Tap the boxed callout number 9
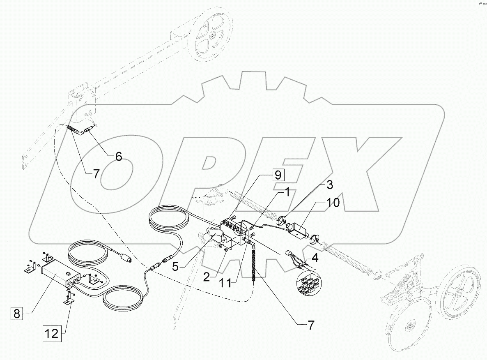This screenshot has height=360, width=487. [x=278, y=175]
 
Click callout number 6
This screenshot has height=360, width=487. [x=118, y=157]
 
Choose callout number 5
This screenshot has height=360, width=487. [x=175, y=267]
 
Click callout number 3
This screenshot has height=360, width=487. [x=330, y=185]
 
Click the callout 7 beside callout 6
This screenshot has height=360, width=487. [x=96, y=174]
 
